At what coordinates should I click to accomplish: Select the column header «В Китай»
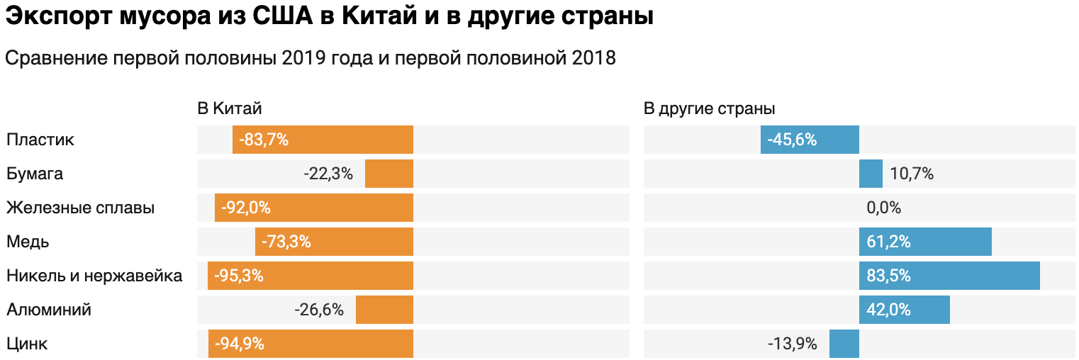pyautogui.click(x=229, y=108)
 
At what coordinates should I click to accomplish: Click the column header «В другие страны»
pyautogui.click(x=709, y=108)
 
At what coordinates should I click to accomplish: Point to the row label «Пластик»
pyautogui.click(x=40, y=140)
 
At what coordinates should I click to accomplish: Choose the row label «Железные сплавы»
pyautogui.click(x=80, y=208)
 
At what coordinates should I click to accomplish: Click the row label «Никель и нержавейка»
pyautogui.click(x=94, y=276)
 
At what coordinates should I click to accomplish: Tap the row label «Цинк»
pyautogui.click(x=27, y=344)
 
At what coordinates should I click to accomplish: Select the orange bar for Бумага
pyautogui.click(x=388, y=174)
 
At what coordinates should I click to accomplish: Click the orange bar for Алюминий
pyautogui.click(x=384, y=310)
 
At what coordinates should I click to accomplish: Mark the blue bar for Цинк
pyautogui.click(x=844, y=344)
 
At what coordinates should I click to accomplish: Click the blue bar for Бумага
pyautogui.click(x=871, y=174)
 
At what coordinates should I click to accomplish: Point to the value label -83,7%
pyautogui.click(x=264, y=140)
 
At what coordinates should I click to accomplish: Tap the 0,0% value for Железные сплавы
pyautogui.click(x=883, y=208)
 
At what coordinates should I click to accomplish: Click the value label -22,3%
pyautogui.click(x=328, y=174)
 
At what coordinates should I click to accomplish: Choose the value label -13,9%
pyautogui.click(x=792, y=344)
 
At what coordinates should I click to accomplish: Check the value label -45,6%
pyautogui.click(x=792, y=140)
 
